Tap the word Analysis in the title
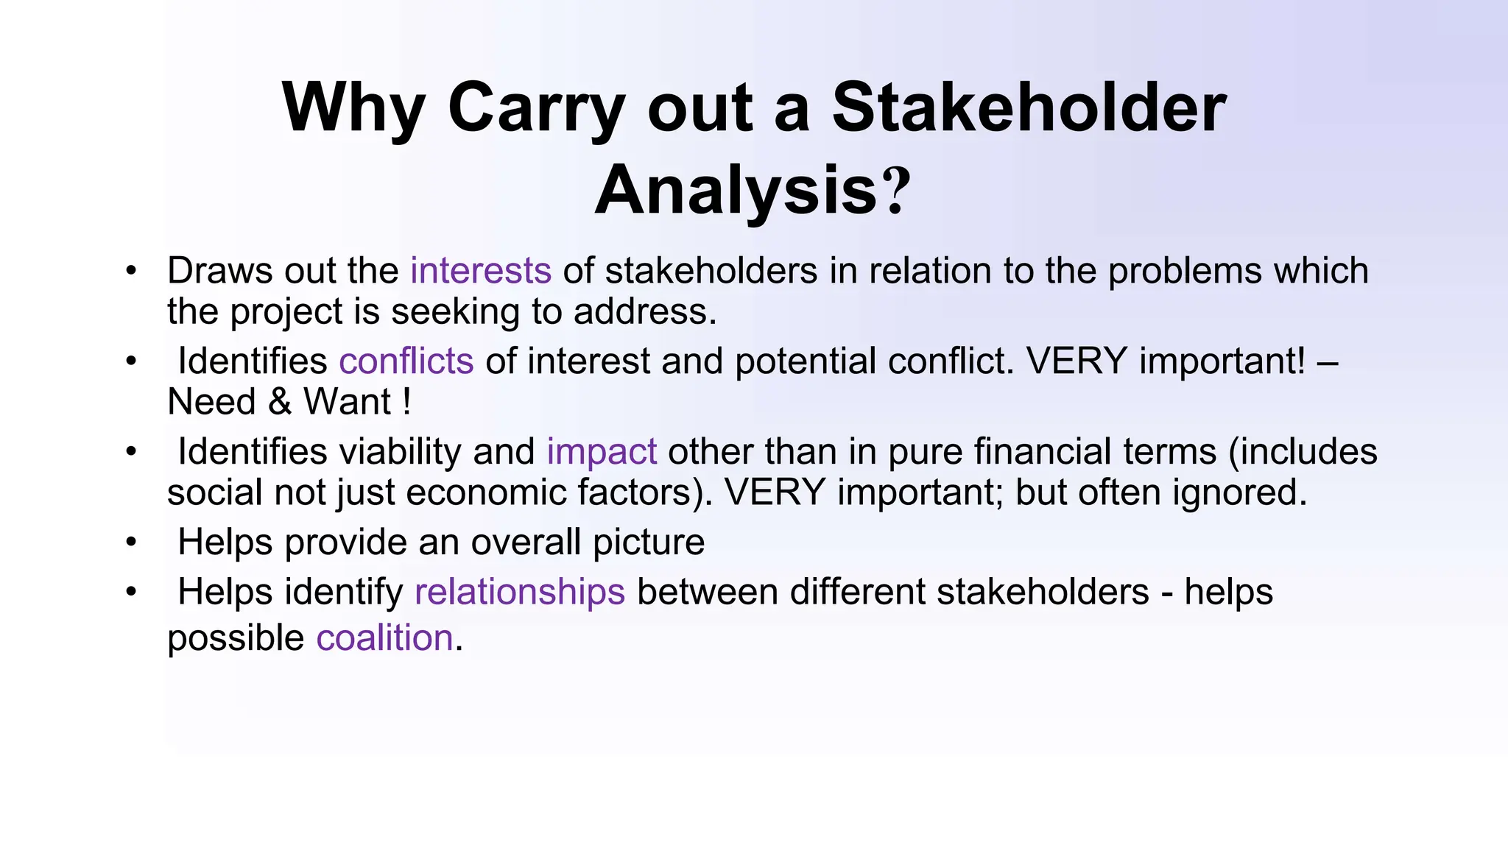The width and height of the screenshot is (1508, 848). click(736, 191)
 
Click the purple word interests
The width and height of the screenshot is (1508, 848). click(480, 270)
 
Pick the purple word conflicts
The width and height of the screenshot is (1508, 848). click(406, 361)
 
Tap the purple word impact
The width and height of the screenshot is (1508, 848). click(601, 451)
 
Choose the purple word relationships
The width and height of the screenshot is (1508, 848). click(520, 592)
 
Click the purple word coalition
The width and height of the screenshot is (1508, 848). click(384, 637)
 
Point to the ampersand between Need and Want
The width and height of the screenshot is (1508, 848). click(279, 402)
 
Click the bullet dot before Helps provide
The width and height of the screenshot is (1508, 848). click(131, 543)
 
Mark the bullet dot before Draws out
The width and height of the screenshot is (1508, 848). click(131, 270)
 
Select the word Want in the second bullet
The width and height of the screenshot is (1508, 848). click(348, 402)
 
